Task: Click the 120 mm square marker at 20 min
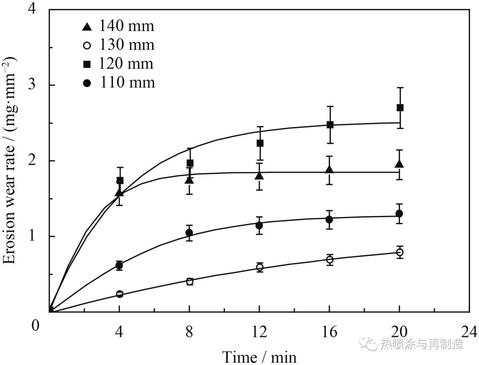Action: tap(400, 107)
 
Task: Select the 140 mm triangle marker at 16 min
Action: tap(330, 170)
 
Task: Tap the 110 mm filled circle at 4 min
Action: tap(119, 266)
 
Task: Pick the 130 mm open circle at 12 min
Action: tap(259, 267)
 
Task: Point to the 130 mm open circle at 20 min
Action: tap(400, 252)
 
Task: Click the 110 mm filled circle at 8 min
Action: tap(189, 233)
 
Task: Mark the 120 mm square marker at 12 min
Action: tap(260, 143)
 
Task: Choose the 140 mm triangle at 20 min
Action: tap(400, 164)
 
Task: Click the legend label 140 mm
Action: tap(126, 26)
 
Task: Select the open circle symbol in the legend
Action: tap(87, 45)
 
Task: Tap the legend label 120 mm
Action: tap(126, 64)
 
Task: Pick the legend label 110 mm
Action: tap(126, 83)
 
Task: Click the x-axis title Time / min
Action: tap(259, 356)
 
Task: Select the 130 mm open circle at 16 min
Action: tap(330, 260)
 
